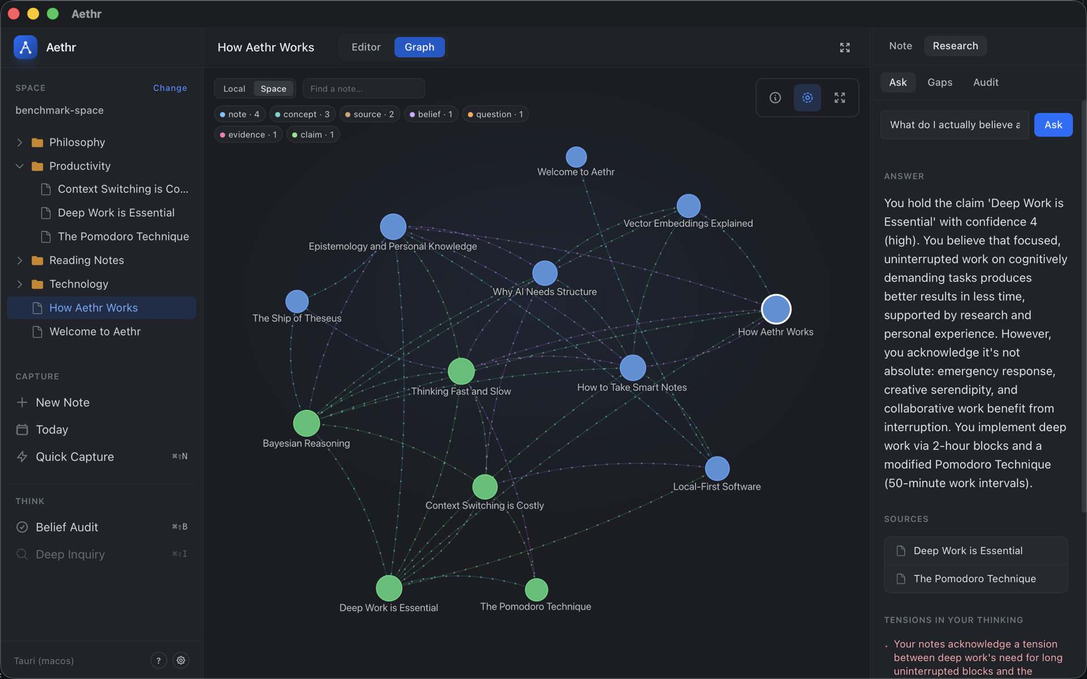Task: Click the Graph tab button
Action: [x=420, y=47]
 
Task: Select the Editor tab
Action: [x=366, y=47]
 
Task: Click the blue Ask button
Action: [x=1053, y=124]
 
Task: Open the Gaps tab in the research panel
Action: [x=940, y=82]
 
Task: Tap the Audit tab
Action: [x=986, y=82]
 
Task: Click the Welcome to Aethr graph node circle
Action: [x=576, y=157]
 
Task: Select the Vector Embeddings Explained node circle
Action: [x=688, y=206]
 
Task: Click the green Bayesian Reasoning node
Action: [x=306, y=423]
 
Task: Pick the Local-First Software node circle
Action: [x=717, y=469]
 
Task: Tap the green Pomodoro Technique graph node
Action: [x=536, y=590]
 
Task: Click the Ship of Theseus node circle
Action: [x=297, y=302]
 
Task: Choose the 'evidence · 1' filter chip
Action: [x=248, y=135]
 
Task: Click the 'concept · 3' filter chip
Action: [x=302, y=114]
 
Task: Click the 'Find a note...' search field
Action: [x=363, y=89]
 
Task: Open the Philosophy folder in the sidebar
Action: [x=77, y=142]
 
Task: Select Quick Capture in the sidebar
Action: [x=75, y=457]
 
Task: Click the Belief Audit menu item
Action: [x=67, y=527]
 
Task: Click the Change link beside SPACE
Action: [x=170, y=88]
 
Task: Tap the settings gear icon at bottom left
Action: [x=181, y=660]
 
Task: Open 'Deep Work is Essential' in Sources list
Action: [x=968, y=551]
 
